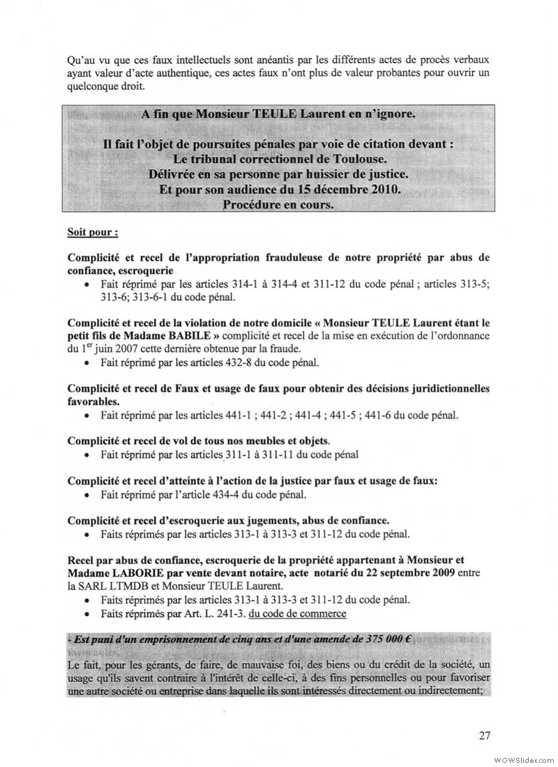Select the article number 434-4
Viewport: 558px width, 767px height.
tap(227, 494)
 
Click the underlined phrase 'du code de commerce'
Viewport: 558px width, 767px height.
tap(297, 614)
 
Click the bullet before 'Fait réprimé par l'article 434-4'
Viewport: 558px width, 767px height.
tap(86, 495)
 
